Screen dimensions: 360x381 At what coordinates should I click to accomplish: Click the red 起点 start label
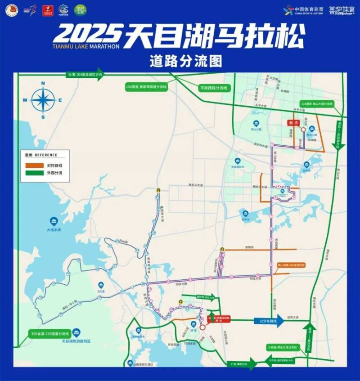[294, 122]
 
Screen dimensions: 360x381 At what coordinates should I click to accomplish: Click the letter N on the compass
[43, 83]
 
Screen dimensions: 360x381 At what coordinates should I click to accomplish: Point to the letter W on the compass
[26, 100]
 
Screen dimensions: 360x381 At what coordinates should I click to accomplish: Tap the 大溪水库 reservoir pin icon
[54, 221]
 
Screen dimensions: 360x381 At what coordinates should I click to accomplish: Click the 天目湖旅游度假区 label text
[76, 341]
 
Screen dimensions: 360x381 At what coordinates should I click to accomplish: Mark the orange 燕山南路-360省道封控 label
[291, 265]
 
